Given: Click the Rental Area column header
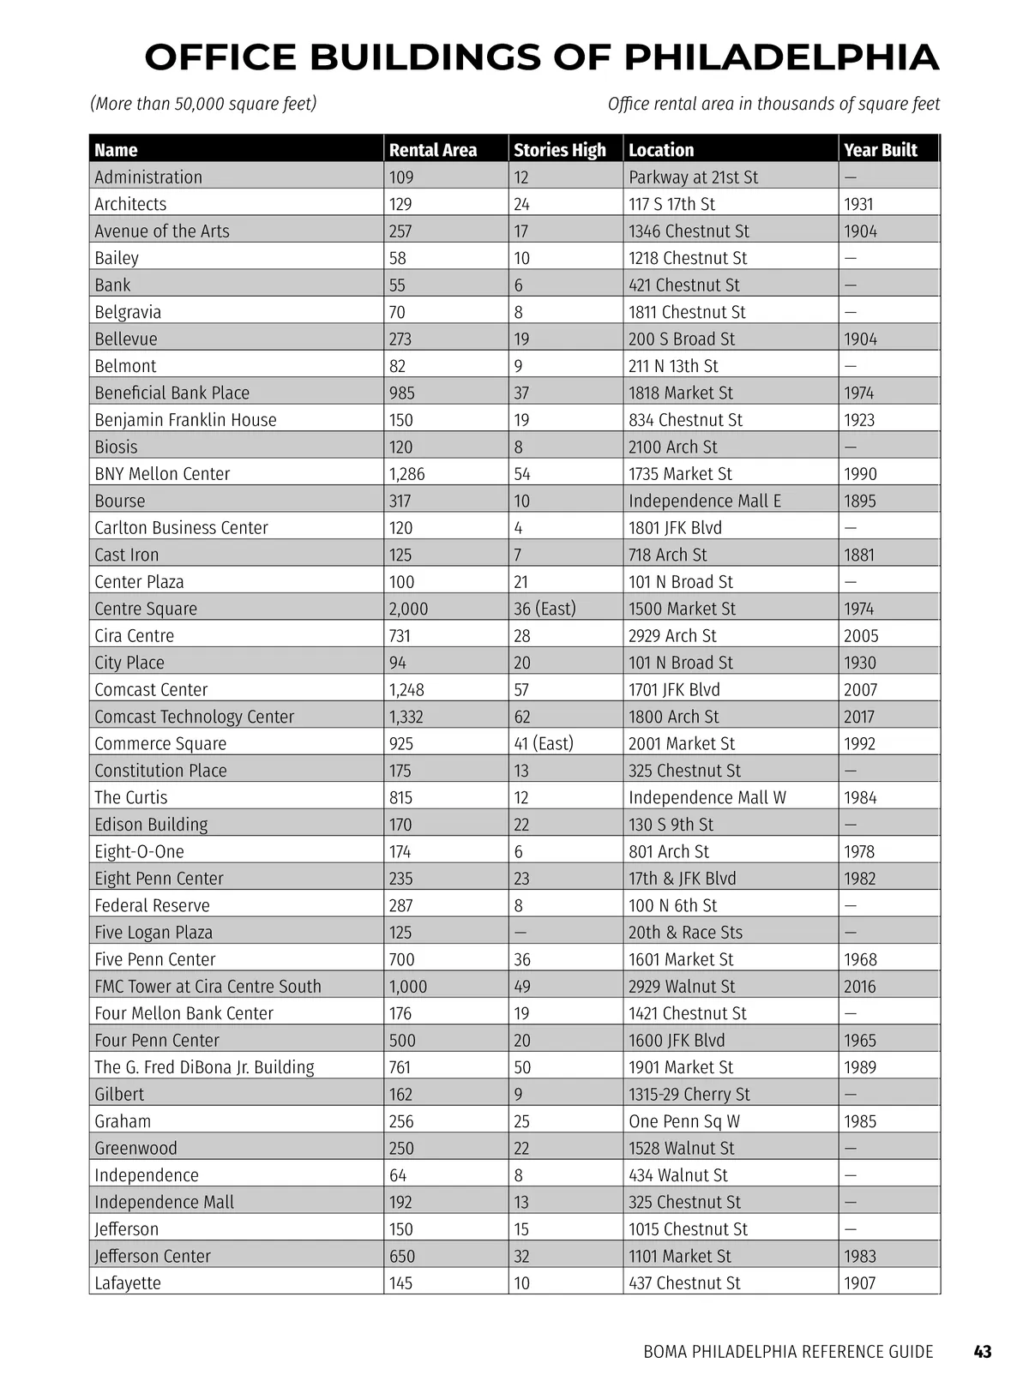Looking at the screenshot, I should (432, 150).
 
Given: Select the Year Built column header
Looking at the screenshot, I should (880, 150).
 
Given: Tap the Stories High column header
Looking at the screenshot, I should (559, 150).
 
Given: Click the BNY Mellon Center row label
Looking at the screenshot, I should (162, 474).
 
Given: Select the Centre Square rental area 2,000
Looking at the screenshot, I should (408, 609).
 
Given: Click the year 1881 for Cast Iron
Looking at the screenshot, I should (858, 555).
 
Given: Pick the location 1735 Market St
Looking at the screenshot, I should (681, 474).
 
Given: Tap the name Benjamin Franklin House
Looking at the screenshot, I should (185, 420).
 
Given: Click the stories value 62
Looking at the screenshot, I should (521, 717).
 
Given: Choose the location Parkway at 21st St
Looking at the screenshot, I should (693, 177).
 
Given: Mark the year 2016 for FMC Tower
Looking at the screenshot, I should (859, 987).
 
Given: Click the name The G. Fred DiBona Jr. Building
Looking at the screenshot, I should (204, 1067).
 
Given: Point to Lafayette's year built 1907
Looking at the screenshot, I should (859, 1283).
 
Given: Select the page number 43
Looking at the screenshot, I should (983, 1352).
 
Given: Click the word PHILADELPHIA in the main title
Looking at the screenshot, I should (781, 57).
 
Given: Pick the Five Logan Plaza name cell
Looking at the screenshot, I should (153, 933).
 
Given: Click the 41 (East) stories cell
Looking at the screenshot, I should (543, 744).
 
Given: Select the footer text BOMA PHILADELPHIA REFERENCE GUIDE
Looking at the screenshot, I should (788, 1352).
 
